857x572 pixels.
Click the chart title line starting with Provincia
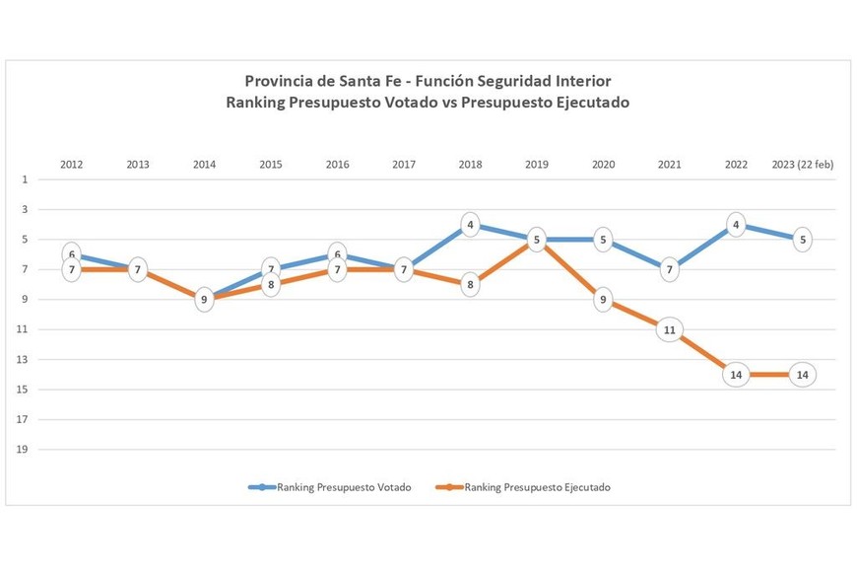click(433, 80)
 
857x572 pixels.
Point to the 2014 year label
click(205, 165)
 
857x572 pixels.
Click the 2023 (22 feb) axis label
click(802, 165)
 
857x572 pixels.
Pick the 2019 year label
click(537, 165)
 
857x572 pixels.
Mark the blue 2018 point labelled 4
click(471, 225)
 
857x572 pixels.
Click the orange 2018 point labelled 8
click(471, 285)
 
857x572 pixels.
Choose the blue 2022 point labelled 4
click(736, 225)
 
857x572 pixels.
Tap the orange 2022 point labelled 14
click(736, 375)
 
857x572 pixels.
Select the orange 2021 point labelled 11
click(670, 330)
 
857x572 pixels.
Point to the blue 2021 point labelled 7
click(670, 269)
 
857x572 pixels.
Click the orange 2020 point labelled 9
click(603, 300)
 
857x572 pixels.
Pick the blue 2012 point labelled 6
click(72, 254)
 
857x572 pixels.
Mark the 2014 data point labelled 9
click(205, 299)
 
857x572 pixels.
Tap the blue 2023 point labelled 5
click(803, 240)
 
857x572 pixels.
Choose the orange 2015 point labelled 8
click(271, 284)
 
